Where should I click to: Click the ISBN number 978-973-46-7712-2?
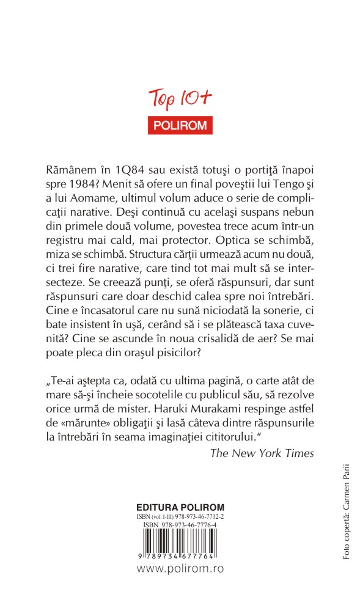coord(201,516)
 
